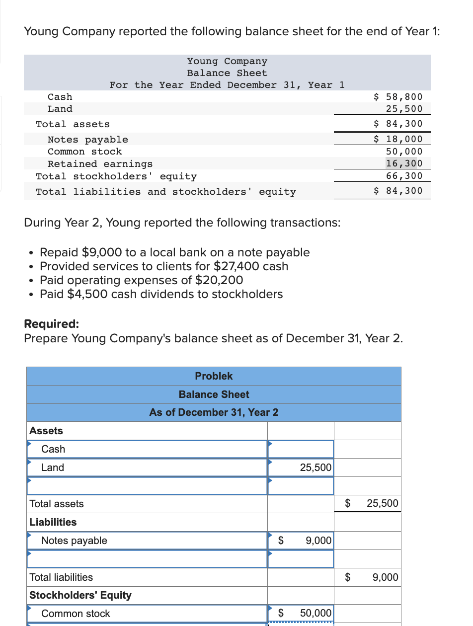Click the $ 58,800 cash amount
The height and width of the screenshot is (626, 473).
click(398, 97)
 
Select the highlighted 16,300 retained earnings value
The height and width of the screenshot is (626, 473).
click(404, 163)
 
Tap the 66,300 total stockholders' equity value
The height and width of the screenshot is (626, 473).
click(404, 176)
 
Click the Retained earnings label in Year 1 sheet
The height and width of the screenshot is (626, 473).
click(100, 164)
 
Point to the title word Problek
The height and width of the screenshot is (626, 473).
click(214, 376)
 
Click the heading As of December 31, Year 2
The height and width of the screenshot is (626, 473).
click(214, 412)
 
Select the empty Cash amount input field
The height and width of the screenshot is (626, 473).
click(301, 449)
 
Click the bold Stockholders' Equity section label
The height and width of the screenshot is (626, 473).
click(80, 595)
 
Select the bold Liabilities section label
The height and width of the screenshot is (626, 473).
click(53, 522)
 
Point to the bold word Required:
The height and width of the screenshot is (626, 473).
click(51, 324)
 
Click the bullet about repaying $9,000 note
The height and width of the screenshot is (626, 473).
click(174, 252)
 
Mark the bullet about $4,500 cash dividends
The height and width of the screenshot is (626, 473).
click(161, 294)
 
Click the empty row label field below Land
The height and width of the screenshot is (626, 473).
click(148, 486)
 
